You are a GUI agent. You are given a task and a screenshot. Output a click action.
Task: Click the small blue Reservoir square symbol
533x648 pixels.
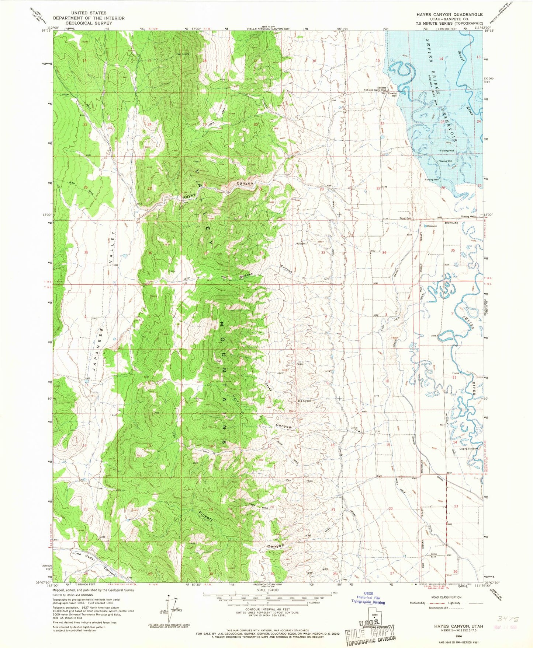[x=425, y=226]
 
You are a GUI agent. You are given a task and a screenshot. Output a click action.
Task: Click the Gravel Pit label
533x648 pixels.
[x=354, y=429]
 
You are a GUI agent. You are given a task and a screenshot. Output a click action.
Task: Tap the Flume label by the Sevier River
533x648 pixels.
[x=456, y=373]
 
